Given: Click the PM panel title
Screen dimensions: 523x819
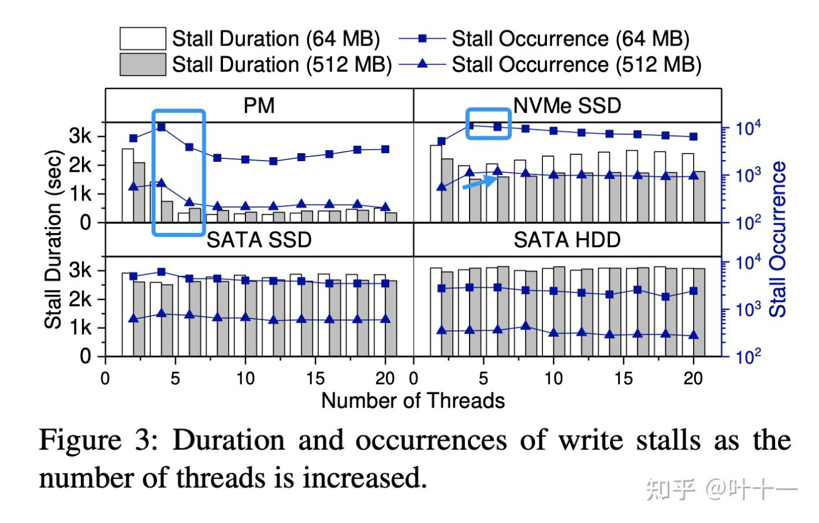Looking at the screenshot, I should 259,106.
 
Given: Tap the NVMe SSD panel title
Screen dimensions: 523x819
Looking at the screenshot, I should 567,106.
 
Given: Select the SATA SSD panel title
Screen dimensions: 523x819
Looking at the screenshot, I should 259,240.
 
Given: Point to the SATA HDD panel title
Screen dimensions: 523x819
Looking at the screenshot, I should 567,240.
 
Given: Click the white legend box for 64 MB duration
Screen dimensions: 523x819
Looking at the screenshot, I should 143,39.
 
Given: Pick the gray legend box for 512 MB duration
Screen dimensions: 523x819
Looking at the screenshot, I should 143,64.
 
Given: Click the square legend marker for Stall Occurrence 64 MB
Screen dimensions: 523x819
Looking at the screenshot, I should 422,39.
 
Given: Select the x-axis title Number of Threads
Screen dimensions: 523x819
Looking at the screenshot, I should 412,400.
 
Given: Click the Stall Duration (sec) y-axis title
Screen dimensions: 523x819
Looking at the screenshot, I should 53,239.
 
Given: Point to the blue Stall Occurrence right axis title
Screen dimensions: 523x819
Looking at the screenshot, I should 779,239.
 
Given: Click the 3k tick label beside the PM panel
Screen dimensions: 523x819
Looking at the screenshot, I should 80,137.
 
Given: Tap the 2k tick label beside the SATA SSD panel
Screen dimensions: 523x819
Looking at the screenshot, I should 80,299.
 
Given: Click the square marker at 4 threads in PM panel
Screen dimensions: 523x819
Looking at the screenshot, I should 161,127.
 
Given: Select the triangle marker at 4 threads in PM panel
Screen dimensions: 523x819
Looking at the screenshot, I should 161,183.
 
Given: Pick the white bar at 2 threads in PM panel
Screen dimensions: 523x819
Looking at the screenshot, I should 128,185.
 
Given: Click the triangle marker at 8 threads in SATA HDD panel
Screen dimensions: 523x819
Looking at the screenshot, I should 526,326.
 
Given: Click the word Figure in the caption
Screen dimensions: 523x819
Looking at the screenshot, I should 80,440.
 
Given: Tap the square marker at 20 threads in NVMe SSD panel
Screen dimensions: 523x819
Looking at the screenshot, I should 694,137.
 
